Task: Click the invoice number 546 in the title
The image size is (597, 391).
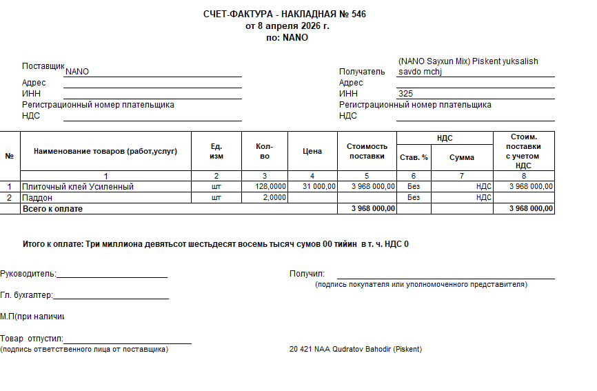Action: pos(358,14)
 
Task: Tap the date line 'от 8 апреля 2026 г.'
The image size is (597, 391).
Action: pos(287,26)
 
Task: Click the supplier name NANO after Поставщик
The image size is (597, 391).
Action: pos(77,71)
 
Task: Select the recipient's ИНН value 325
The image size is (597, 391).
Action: pos(405,94)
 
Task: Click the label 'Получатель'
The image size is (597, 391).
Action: pos(362,71)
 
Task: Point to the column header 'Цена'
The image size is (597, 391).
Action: pos(312,151)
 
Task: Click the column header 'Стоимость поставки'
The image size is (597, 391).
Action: pos(367,151)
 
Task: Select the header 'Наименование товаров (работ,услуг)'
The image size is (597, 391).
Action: pos(105,151)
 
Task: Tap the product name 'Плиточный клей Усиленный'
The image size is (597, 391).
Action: pos(77,186)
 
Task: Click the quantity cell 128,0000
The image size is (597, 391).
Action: pos(271,186)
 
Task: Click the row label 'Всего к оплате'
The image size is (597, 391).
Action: pos(52,208)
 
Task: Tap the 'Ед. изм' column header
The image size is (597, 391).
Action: pos(216,151)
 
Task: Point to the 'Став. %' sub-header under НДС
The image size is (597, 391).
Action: pos(414,157)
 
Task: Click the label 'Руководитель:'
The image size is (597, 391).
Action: pos(28,273)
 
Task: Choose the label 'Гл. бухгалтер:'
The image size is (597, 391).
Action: pos(26,295)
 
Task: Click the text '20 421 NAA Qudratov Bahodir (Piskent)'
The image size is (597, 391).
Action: pos(355,349)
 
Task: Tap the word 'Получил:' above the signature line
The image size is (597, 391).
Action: pos(307,274)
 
